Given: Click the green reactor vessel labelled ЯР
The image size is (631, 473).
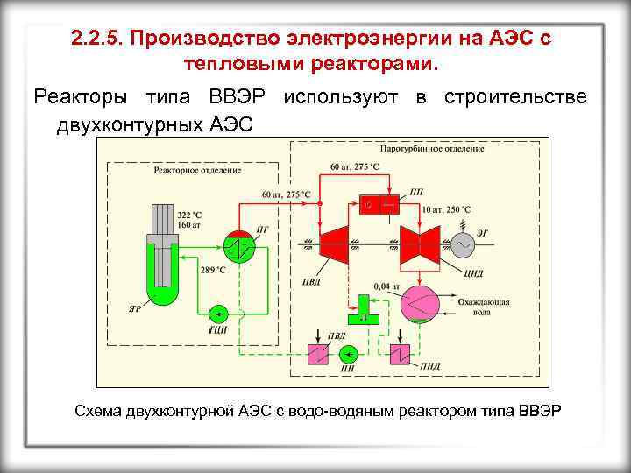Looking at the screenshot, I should (163, 263).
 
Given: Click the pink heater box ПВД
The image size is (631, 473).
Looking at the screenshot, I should (316, 354).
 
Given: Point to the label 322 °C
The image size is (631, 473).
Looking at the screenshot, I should (189, 215).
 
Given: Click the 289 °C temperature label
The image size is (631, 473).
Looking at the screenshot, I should (213, 271).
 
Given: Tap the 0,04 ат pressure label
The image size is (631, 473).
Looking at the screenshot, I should (386, 286).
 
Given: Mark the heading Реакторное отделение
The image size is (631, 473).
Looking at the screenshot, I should (185, 169).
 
